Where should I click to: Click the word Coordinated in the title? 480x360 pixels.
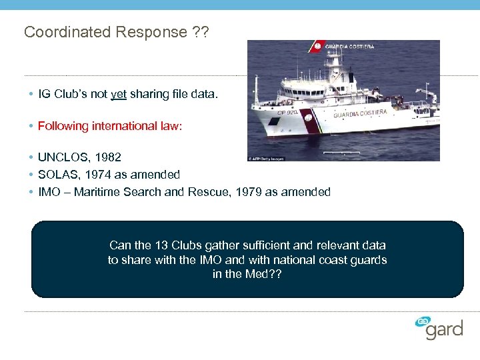[x=59, y=32]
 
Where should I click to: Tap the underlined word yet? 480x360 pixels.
[x=119, y=94]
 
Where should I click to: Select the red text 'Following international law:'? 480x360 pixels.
[x=109, y=126]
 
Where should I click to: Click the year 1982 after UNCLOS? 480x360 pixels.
[x=108, y=158]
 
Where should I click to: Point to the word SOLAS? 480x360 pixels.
[x=56, y=175]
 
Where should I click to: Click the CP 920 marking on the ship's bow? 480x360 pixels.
[x=273, y=114]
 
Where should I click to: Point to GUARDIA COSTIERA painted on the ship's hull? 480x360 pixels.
[x=360, y=113]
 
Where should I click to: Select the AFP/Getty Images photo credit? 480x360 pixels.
[x=265, y=159]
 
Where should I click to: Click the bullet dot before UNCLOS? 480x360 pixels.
[x=32, y=158]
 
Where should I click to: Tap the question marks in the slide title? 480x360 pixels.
[x=200, y=32]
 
